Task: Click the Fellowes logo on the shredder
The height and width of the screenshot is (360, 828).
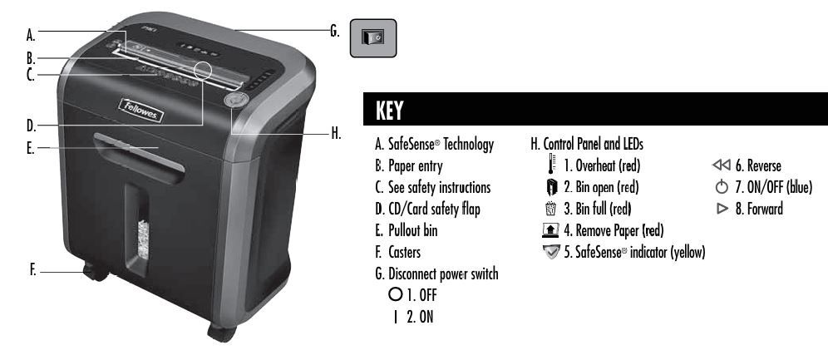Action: (141, 110)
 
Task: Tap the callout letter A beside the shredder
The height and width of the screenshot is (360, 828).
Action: (31, 36)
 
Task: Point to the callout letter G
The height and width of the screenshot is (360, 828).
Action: (335, 31)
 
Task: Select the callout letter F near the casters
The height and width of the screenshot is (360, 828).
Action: (32, 270)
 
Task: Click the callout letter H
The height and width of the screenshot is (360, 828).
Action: (337, 134)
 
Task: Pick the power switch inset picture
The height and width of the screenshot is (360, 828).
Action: (373, 38)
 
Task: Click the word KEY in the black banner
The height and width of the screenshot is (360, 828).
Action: (389, 111)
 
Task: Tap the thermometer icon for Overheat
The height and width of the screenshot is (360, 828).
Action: (551, 164)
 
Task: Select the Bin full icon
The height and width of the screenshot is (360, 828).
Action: (551, 209)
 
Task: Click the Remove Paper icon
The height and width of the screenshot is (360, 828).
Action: (550, 230)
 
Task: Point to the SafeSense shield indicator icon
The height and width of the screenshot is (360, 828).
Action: (551, 252)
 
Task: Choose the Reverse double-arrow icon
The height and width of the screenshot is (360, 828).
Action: (721, 165)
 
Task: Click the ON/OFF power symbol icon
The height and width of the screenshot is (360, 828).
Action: (722, 187)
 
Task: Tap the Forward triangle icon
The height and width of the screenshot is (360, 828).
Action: (722, 209)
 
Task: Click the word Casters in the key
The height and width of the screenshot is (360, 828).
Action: (405, 252)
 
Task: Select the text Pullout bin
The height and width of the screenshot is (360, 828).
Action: (413, 230)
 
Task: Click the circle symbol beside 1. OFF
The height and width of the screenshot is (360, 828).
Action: (394, 294)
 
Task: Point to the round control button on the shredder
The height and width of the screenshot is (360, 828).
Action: (237, 101)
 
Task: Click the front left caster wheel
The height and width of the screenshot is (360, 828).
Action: (95, 273)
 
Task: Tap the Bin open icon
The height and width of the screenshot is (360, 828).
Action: (551, 187)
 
